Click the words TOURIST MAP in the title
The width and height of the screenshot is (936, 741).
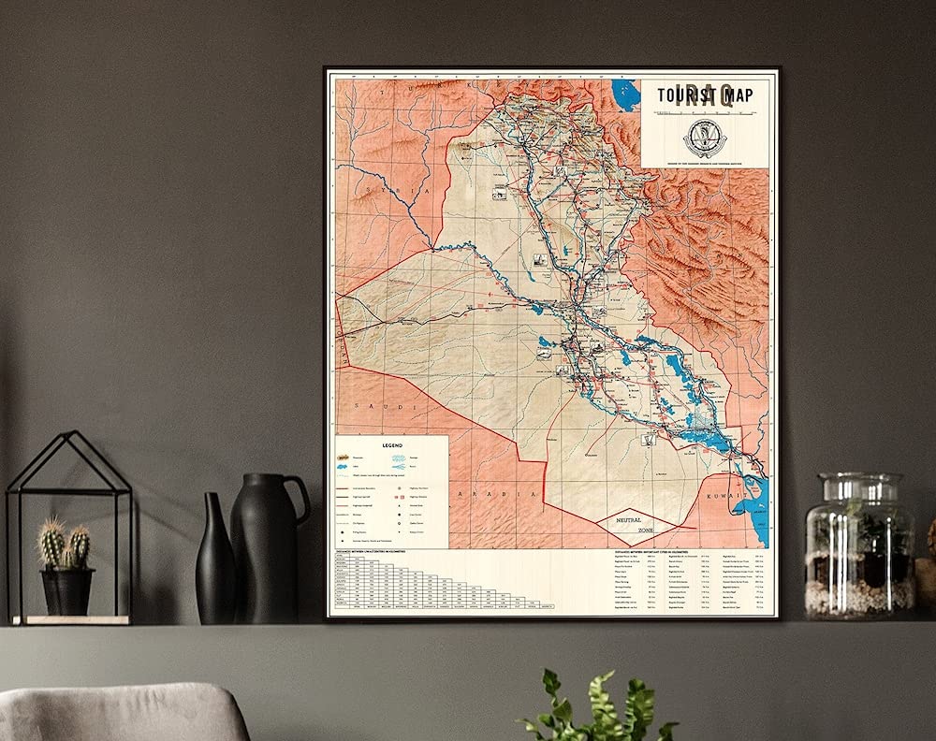point(704,94)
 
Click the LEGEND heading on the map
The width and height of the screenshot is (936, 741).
point(392,446)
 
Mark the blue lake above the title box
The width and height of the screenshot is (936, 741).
point(622,94)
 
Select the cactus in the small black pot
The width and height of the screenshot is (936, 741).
point(66,547)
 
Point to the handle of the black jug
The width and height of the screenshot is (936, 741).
point(299,501)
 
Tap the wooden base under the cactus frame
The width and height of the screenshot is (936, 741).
point(70,619)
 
